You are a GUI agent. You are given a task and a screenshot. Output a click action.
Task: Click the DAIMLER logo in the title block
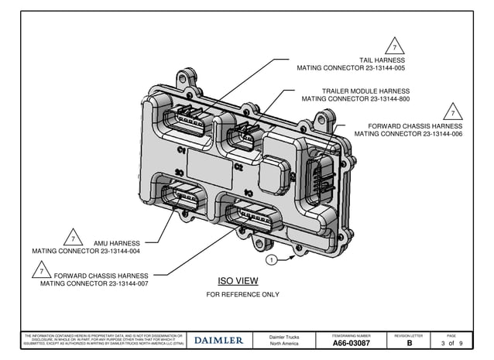pos(218,340)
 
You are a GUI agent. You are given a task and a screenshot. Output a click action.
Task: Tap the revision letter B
pos(410,343)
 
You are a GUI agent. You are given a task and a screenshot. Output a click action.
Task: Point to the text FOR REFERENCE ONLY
pos(242,295)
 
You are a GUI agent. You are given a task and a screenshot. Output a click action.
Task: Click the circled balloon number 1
pos(272,259)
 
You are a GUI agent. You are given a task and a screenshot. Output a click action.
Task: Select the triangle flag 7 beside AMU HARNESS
pos(72,237)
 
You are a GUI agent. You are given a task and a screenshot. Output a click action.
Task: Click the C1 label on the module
pos(181,149)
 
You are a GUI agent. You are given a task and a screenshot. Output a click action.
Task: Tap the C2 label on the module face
pos(238,166)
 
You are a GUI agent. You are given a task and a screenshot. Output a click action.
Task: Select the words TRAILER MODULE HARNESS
pos(365,91)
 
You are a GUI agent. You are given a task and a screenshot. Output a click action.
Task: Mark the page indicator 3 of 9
pos(452,343)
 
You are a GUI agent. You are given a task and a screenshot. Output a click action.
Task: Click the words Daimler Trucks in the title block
pos(283,337)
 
